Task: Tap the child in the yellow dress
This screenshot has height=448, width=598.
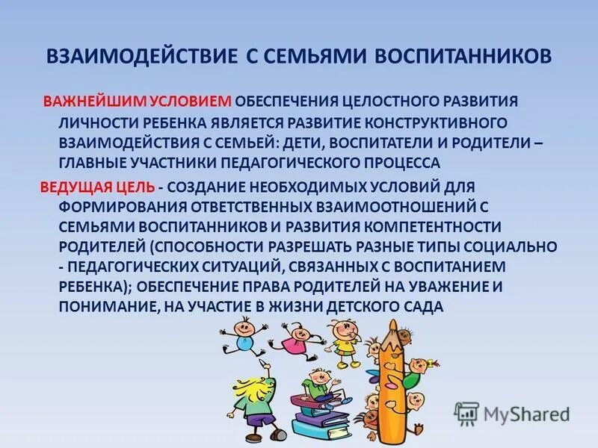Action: coord(344,340)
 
